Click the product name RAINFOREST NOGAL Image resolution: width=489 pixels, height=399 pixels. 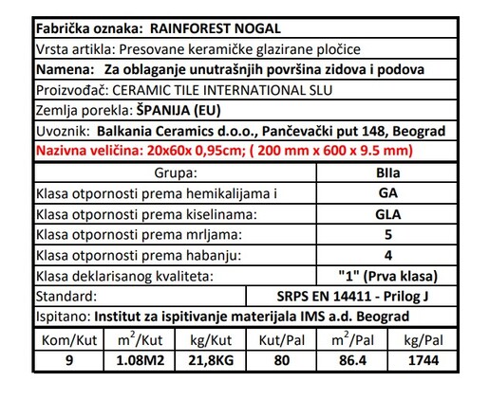pyautogui.click(x=228, y=28)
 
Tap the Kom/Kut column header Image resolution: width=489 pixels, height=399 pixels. pyautogui.click(x=66, y=339)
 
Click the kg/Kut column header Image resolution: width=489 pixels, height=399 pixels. pyautogui.click(x=211, y=339)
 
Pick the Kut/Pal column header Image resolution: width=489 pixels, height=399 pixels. pyautogui.click(x=281, y=339)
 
